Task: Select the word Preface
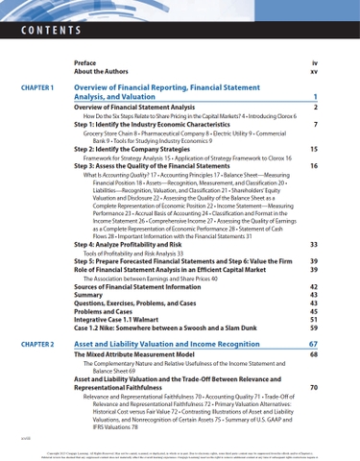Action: pyautogui.click(x=86, y=62)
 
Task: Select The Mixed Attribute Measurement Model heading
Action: pyautogui.click(x=145, y=355)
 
